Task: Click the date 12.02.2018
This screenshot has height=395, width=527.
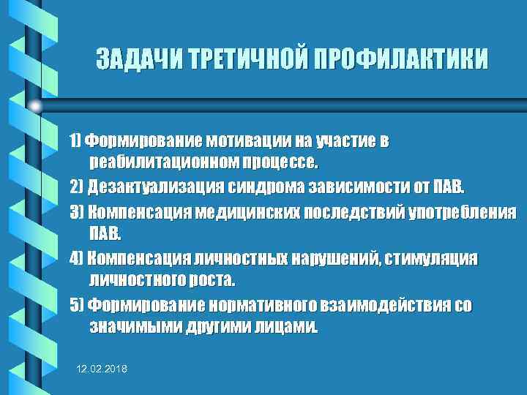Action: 102,372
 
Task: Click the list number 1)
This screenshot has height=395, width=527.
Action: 76,141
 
